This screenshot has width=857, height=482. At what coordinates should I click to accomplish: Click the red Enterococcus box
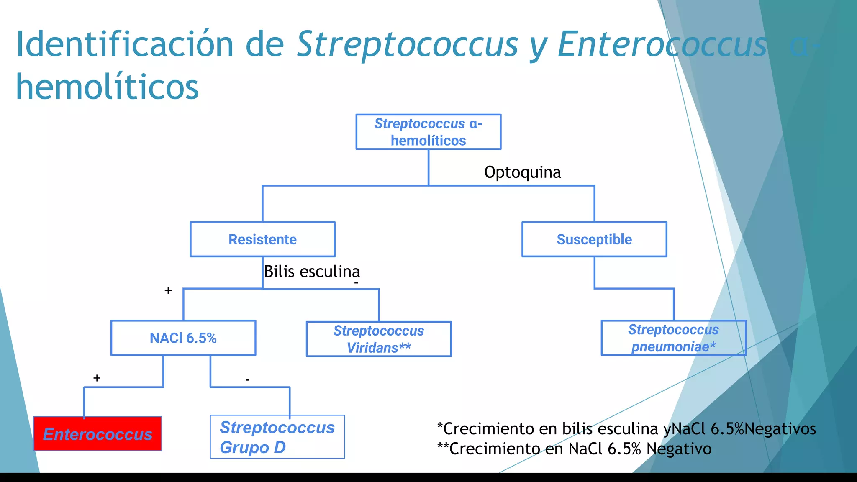(98, 434)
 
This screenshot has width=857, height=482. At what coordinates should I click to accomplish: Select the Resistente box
(262, 239)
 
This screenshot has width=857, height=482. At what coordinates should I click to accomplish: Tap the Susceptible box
(594, 239)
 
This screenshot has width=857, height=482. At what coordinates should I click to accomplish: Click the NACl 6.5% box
(183, 338)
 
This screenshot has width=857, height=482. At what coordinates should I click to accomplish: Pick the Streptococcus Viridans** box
(379, 339)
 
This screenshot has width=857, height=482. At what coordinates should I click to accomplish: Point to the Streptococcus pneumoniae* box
(673, 338)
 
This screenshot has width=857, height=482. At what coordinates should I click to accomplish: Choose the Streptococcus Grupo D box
(277, 437)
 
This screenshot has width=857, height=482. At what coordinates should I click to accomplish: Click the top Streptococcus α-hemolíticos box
(428, 132)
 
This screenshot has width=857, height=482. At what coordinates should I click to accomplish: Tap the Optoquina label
(522, 172)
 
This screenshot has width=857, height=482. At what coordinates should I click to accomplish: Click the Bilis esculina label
(312, 272)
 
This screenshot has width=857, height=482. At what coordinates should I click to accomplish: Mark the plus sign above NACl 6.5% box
(168, 290)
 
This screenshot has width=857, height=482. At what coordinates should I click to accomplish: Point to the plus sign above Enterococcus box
(97, 378)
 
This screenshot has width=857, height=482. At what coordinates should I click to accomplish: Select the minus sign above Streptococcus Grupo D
(248, 379)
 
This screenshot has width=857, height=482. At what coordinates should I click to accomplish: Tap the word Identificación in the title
(124, 44)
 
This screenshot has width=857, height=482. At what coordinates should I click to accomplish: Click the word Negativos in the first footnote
(780, 429)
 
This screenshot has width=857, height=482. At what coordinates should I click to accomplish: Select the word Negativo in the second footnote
(679, 449)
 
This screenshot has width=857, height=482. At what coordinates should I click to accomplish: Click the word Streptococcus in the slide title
(407, 44)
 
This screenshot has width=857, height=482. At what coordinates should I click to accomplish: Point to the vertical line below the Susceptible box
(595, 272)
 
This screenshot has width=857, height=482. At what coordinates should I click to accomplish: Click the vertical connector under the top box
(428, 167)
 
